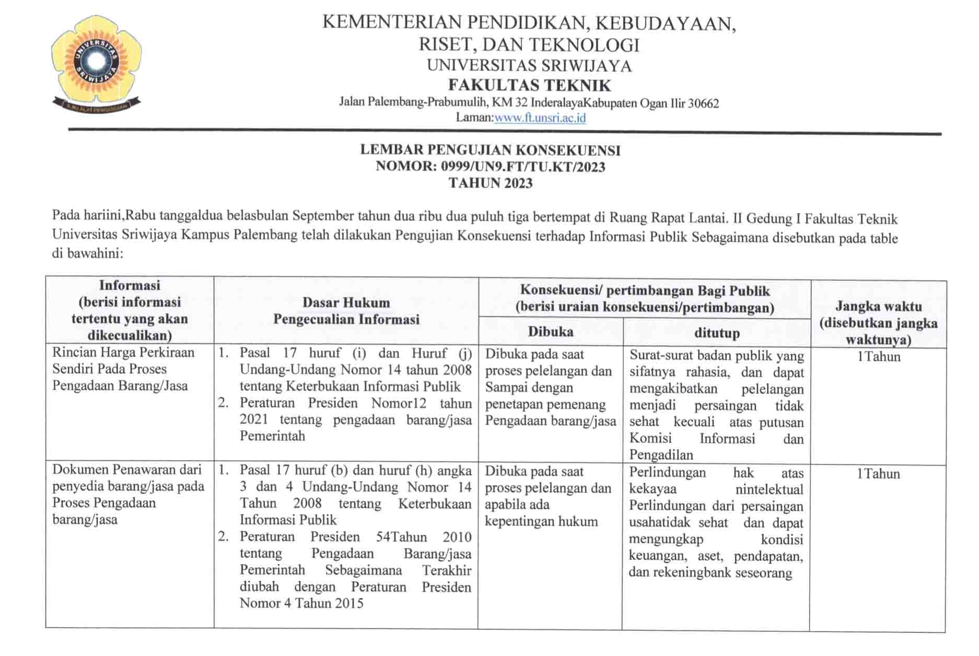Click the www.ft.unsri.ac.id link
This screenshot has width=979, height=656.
click(540, 118)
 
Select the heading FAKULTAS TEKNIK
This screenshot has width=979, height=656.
click(529, 85)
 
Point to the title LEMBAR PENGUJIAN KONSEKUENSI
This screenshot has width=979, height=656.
click(490, 150)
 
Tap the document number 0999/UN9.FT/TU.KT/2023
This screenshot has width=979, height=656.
click(523, 167)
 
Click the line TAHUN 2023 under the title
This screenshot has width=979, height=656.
click(490, 183)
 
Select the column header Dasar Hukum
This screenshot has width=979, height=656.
click(346, 302)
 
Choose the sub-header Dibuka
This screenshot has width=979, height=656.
click(550, 332)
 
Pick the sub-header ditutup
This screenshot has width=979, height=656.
click(717, 333)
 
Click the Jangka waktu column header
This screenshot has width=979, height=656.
click(878, 307)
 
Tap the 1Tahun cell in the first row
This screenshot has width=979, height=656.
click(878, 357)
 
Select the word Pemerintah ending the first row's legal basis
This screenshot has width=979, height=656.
click(272, 436)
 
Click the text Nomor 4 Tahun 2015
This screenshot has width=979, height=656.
click(301, 603)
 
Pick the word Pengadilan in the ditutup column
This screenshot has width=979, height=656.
click(661, 455)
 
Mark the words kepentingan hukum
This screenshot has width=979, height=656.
click(541, 521)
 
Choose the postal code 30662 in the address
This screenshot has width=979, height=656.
click(703, 103)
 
